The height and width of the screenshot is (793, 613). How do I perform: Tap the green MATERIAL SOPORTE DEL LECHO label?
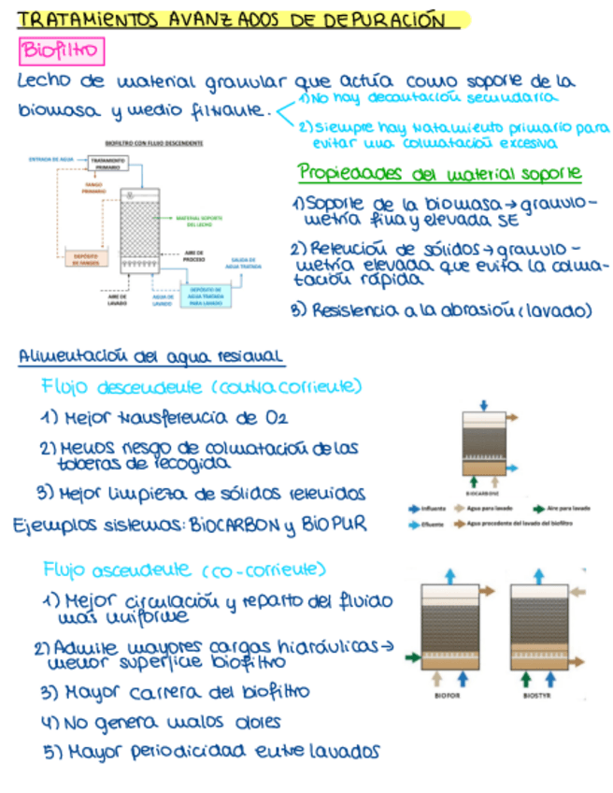point(202,222)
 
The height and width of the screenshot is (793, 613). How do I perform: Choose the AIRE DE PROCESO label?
point(195,254)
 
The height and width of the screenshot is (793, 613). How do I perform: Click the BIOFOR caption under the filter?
point(449,695)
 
